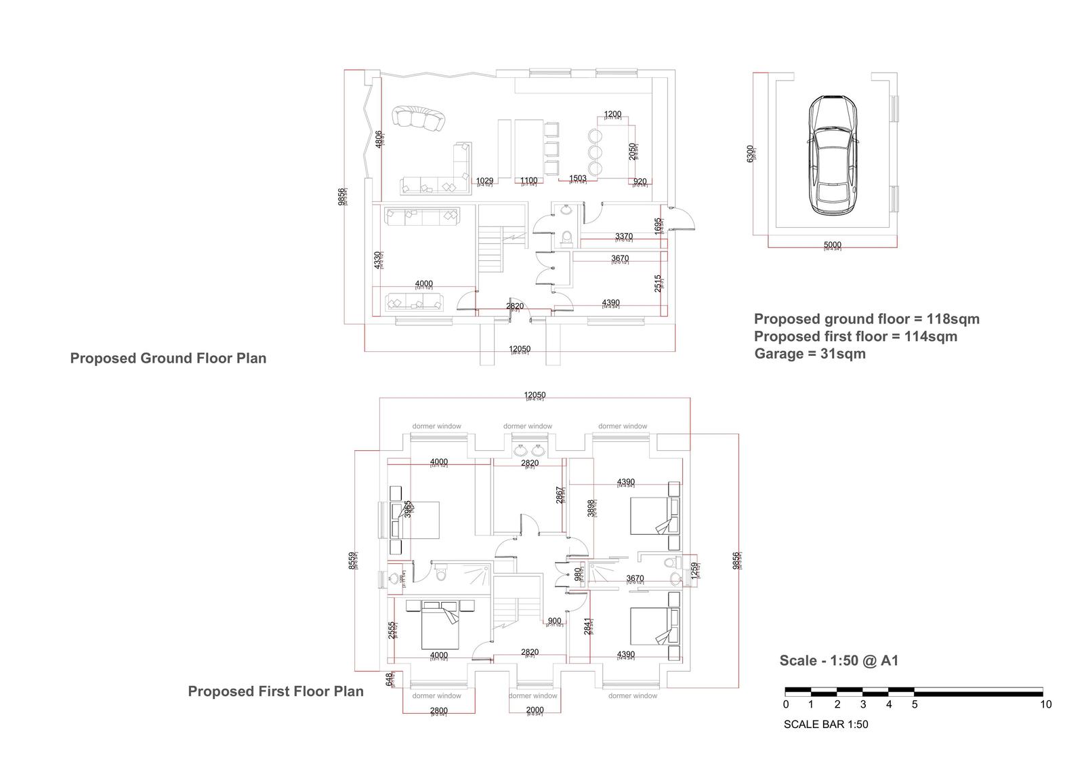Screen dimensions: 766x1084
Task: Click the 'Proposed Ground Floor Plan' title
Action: tap(168, 359)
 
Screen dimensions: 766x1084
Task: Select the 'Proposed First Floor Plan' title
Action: tap(275, 691)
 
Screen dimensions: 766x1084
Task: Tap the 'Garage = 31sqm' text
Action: tap(810, 354)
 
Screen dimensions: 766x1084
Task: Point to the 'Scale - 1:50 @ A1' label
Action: tap(839, 660)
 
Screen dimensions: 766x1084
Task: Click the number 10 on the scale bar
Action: tap(1045, 704)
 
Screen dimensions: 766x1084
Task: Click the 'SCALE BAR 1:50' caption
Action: tap(825, 725)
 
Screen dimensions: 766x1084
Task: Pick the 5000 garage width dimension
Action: tap(832, 245)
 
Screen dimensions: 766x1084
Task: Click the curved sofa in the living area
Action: tap(420, 118)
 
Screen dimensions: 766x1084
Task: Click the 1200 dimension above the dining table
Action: tap(612, 115)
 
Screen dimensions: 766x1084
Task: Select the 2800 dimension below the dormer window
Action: tap(438, 711)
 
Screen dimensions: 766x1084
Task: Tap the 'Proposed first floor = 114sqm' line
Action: tap(855, 336)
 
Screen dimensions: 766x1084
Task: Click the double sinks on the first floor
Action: tap(529, 450)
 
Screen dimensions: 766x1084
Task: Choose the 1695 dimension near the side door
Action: tap(658, 226)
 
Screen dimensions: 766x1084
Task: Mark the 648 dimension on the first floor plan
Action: tap(389, 678)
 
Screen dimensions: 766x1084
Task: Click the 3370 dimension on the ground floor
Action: tap(623, 237)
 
